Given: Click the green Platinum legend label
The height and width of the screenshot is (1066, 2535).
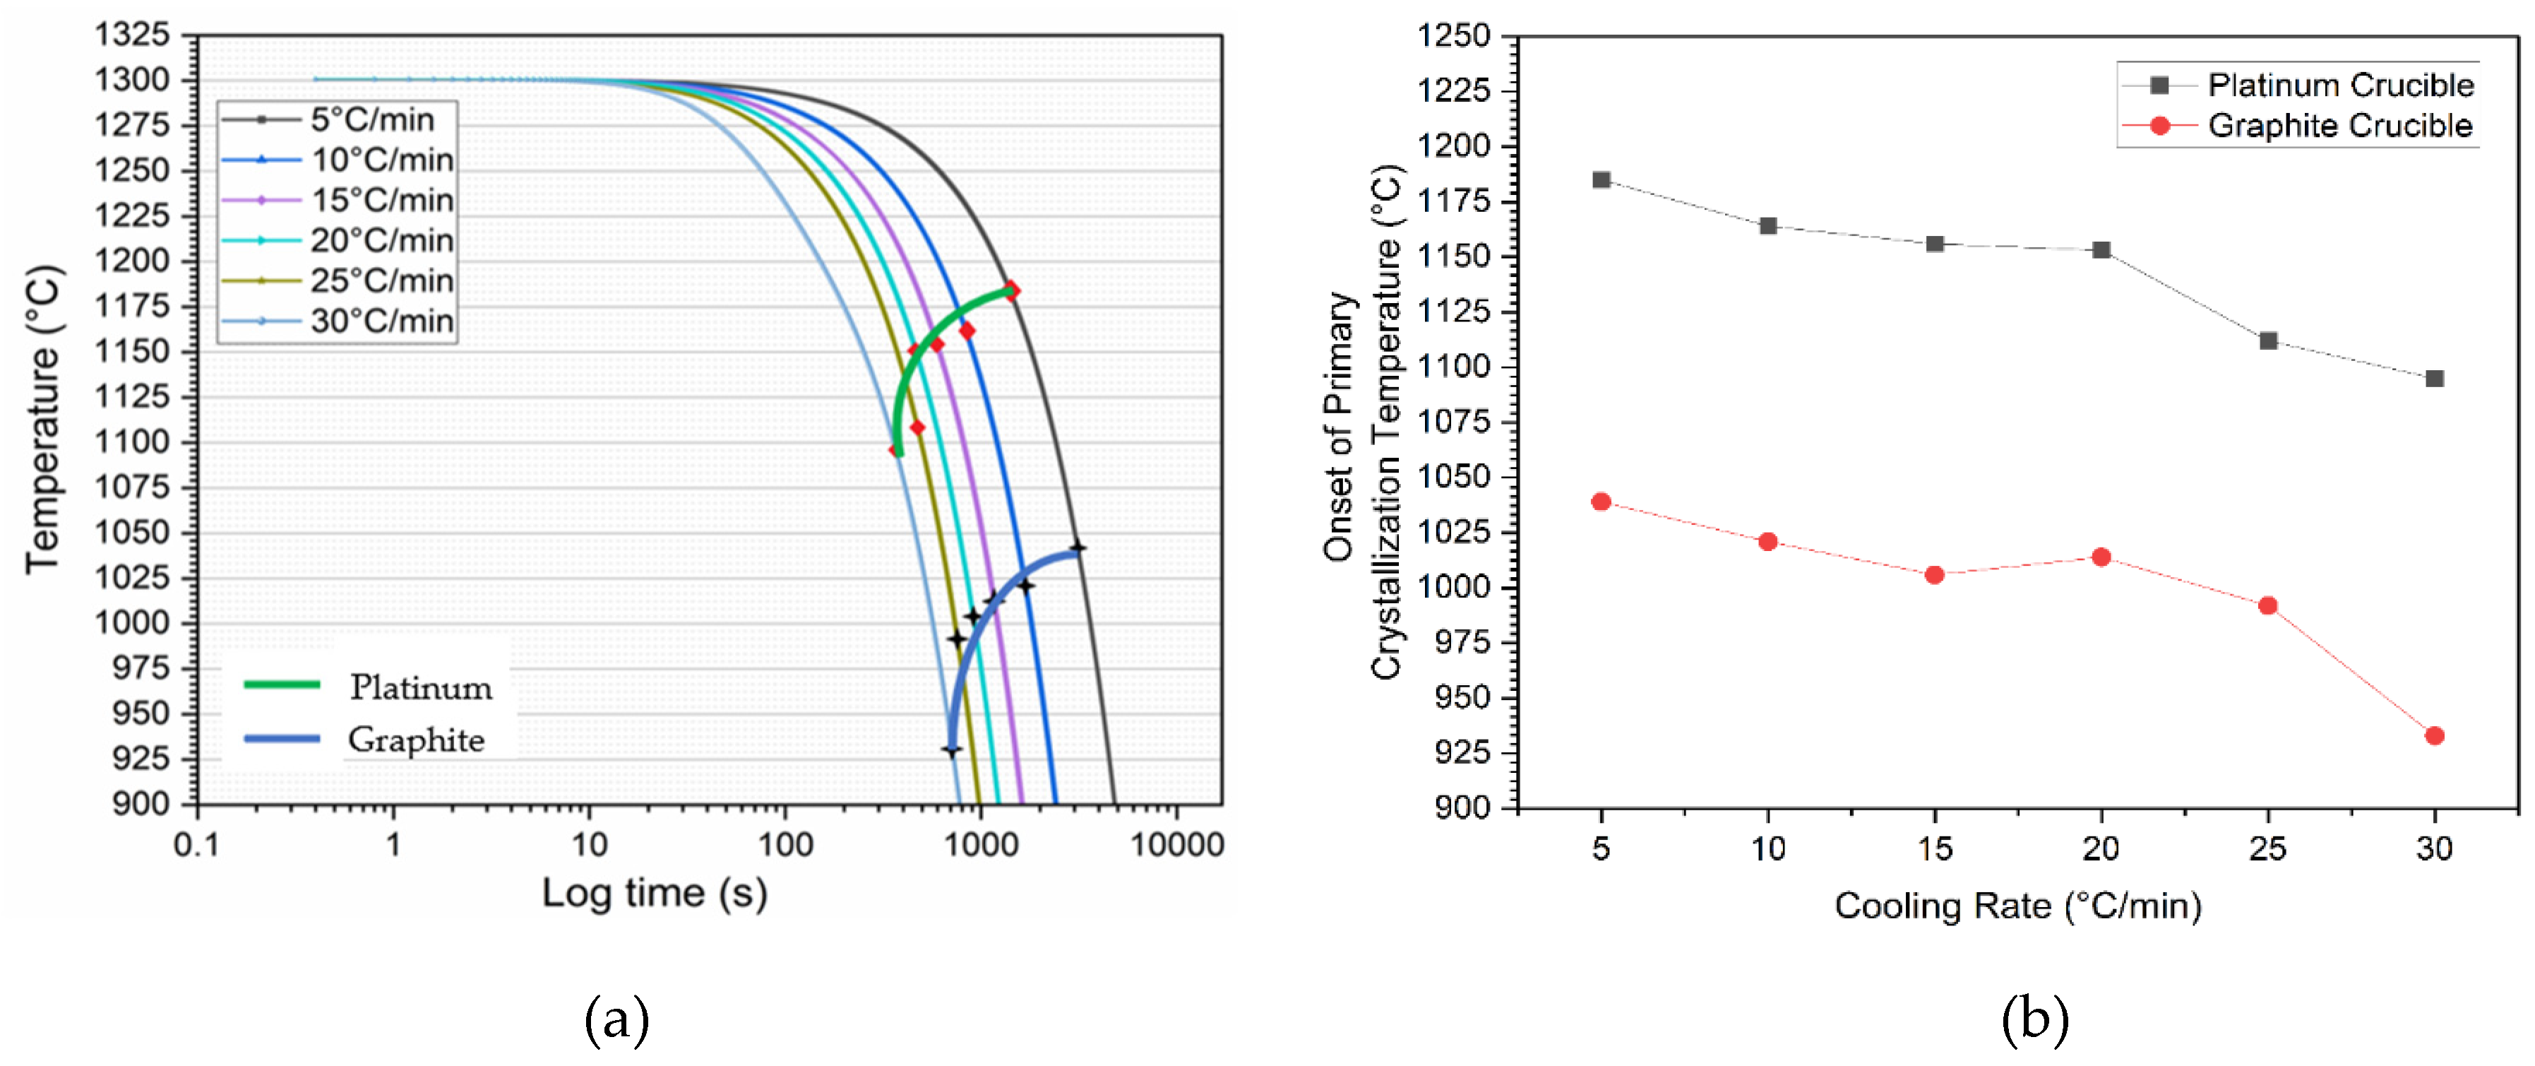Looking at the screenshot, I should [x=420, y=687].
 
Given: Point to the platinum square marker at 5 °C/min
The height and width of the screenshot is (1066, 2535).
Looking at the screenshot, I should [x=1601, y=180].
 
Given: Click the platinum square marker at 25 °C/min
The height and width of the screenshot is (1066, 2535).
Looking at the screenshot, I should [x=2268, y=340].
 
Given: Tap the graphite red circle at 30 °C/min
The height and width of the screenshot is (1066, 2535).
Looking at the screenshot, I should [x=2435, y=735].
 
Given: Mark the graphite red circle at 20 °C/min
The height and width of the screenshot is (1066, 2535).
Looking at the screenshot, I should [x=2101, y=557].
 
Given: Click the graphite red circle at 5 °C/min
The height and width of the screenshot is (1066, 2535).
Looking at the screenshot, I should [x=1601, y=502].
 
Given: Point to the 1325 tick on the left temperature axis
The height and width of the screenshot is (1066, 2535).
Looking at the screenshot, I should [x=132, y=35].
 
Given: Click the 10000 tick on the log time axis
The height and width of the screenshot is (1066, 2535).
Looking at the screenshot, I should [x=1177, y=843].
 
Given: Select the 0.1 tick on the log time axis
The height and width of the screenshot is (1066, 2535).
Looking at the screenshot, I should [x=197, y=843].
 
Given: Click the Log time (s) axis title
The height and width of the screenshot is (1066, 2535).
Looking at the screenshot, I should [x=655, y=893].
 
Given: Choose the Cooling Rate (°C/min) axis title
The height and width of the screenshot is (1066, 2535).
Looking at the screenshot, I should [x=2017, y=906].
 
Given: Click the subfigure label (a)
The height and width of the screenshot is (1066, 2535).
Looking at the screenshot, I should [x=617, y=1021].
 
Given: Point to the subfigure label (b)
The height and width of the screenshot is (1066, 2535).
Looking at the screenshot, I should [x=2034, y=1021].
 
